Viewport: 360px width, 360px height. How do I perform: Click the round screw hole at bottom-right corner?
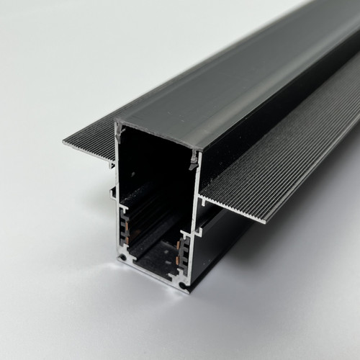183,286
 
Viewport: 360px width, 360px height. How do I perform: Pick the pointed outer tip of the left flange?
65,141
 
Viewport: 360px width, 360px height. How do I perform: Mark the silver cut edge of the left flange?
90,151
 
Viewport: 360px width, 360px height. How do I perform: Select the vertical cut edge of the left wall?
117,187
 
